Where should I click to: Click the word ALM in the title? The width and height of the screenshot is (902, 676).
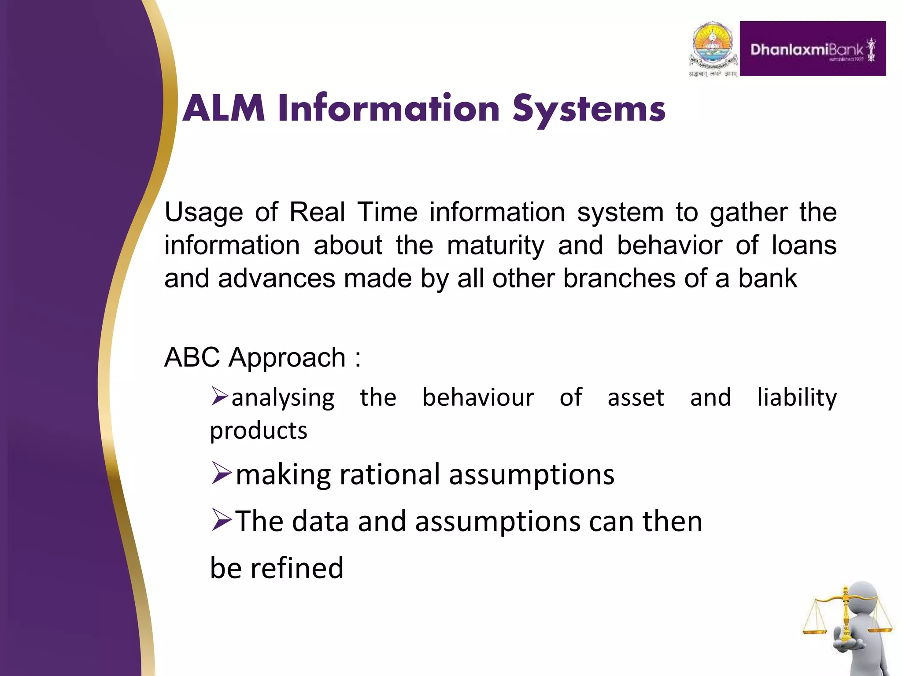click(x=224, y=108)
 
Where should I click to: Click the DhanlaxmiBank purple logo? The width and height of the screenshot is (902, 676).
click(x=813, y=49)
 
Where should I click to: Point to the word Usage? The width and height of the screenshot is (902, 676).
click(x=203, y=213)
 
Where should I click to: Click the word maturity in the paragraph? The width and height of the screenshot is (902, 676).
click(x=495, y=246)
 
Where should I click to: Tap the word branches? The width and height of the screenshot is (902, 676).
click(x=619, y=279)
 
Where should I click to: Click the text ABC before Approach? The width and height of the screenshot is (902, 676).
click(x=192, y=357)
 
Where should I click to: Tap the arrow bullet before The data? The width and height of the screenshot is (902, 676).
click(x=221, y=520)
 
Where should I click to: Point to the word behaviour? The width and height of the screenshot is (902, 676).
click(x=478, y=397)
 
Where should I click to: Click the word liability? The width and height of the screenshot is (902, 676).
click(x=796, y=398)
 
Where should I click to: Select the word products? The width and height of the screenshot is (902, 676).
click(x=258, y=430)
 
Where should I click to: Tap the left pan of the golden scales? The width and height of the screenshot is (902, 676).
click(x=815, y=630)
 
